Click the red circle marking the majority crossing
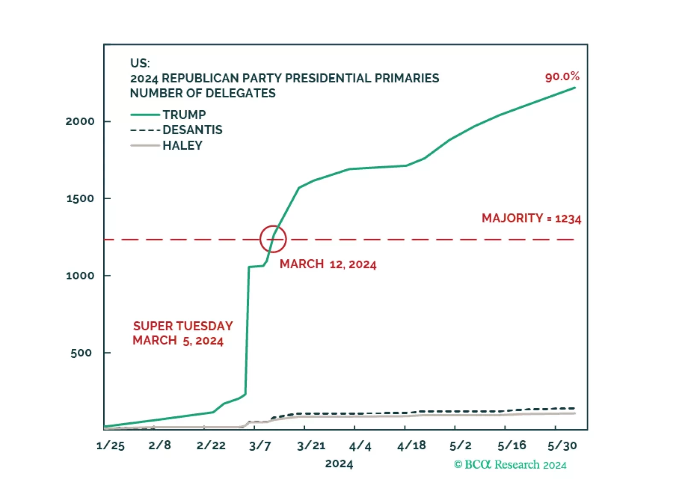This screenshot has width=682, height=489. point(273,239)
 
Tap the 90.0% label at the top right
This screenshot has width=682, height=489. point(562,77)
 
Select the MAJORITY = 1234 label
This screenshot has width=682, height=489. point(531,218)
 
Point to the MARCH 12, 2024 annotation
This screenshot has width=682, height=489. point(328,264)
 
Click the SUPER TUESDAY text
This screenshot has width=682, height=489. point(183,326)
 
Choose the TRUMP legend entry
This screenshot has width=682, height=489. point(184,115)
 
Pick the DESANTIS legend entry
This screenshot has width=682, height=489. point(192,130)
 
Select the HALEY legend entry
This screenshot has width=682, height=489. point(182,146)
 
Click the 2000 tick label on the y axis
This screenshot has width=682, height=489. point(80,121)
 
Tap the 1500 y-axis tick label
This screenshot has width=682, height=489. point(80,199)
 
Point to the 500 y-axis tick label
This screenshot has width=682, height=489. point(81,353)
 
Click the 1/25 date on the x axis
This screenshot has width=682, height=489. point(111,446)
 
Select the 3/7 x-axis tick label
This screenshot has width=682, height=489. point(260,446)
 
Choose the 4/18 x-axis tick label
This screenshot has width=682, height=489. point(411,446)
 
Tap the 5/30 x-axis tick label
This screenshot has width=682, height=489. point(562,446)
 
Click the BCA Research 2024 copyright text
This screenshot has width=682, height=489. point(510,465)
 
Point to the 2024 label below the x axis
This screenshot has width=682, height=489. point(339,464)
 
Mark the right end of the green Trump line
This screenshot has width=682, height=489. point(574,88)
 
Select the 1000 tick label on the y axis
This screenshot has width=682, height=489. point(80,276)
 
